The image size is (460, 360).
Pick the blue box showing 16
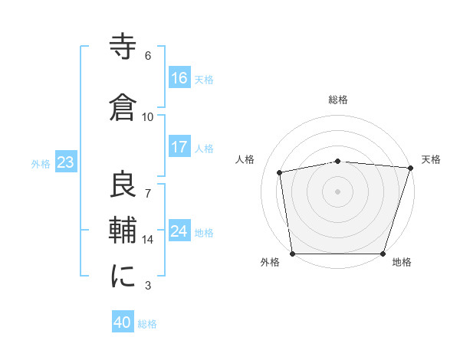pos(179,77)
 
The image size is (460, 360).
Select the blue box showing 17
pos(179,147)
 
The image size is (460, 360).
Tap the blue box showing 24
pos(179,231)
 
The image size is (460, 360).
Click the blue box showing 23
pos(65,162)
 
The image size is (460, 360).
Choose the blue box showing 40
pos(123,322)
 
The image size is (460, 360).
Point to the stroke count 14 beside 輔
pos(148,240)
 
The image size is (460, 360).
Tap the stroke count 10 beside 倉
pos(148,117)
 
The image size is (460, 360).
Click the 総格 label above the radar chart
pos(338,100)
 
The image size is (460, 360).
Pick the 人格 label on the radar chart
pos(245,159)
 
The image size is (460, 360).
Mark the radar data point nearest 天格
pos(410,168)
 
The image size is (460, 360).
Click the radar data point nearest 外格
pos(292,254)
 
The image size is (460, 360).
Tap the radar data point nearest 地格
pos(383,254)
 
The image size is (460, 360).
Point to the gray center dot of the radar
pos(338,191)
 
